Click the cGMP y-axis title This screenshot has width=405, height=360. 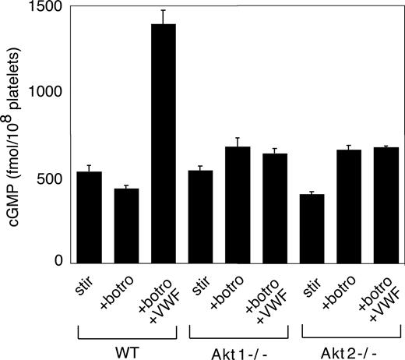pyautogui.click(x=15, y=132)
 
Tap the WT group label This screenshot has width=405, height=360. pyautogui.click(x=125, y=348)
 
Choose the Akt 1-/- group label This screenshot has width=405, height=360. pyautogui.click(x=237, y=348)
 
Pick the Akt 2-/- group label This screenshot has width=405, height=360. pyautogui.click(x=349, y=348)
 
